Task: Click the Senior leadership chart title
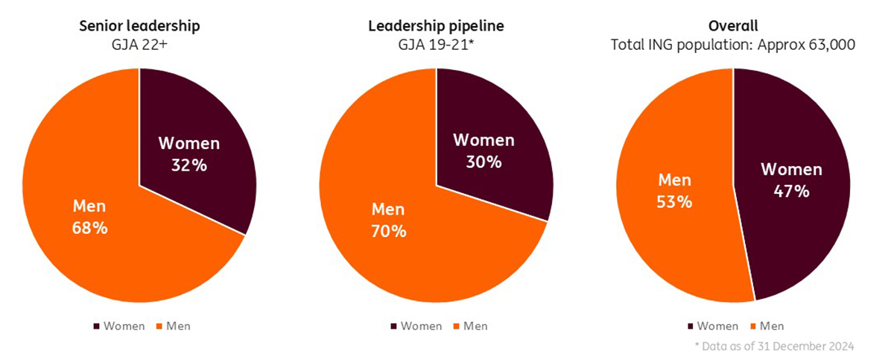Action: pyautogui.click(x=139, y=26)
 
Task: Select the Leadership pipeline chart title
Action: pyautogui.click(x=436, y=26)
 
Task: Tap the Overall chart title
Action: pyautogui.click(x=732, y=26)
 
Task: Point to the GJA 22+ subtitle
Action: pyautogui.click(x=139, y=45)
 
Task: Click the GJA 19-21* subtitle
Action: pyautogui.click(x=436, y=45)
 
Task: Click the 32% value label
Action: pyautogui.click(x=188, y=165)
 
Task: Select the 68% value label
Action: pyautogui.click(x=90, y=228)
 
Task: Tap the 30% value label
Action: pyautogui.click(x=484, y=162)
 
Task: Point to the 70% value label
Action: pyautogui.click(x=389, y=232)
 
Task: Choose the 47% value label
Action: pyautogui.click(x=791, y=191)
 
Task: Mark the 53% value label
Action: pyautogui.click(x=675, y=202)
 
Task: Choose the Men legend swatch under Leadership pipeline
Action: pyautogui.click(x=456, y=326)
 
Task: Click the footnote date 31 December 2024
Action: pyautogui.click(x=814, y=346)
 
